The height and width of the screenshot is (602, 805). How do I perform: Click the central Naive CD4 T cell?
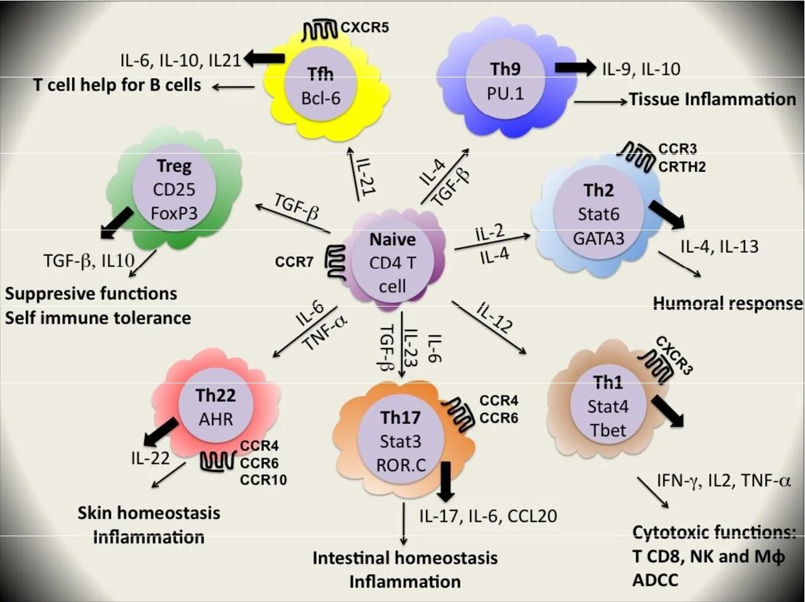pyautogui.click(x=393, y=262)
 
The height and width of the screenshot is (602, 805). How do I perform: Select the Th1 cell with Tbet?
pyautogui.click(x=608, y=406)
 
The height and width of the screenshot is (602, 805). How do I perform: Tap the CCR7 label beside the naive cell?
pyautogui.click(x=294, y=262)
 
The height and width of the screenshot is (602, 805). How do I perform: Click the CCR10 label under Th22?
pyautogui.click(x=263, y=480)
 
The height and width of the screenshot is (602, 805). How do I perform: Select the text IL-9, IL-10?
pyautogui.click(x=641, y=69)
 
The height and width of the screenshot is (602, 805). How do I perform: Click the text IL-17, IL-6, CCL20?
pyautogui.click(x=488, y=515)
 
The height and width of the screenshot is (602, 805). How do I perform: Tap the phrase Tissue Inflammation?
pyautogui.click(x=712, y=99)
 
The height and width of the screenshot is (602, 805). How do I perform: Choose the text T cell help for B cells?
pyautogui.click(x=117, y=85)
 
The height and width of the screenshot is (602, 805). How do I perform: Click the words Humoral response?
pyautogui.click(x=728, y=303)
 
